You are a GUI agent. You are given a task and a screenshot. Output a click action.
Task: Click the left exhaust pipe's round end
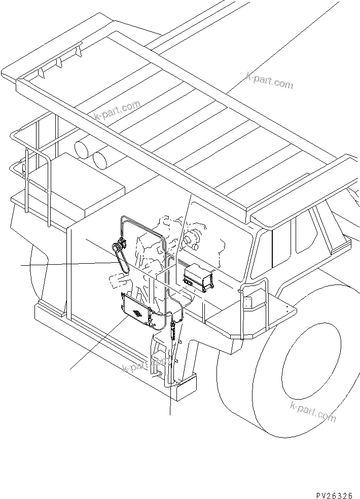(x=82, y=150)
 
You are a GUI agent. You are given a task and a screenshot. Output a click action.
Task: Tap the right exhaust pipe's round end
(x=100, y=160)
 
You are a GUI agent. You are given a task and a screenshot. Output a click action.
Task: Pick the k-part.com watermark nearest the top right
(x=269, y=80)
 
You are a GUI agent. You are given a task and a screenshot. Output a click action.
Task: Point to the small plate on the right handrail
(x=248, y=302)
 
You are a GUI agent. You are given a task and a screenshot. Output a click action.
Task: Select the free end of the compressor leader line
(x=21, y=265)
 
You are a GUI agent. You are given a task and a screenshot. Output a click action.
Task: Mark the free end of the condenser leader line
(x=70, y=369)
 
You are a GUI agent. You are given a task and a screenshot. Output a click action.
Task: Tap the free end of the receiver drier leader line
(x=170, y=414)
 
